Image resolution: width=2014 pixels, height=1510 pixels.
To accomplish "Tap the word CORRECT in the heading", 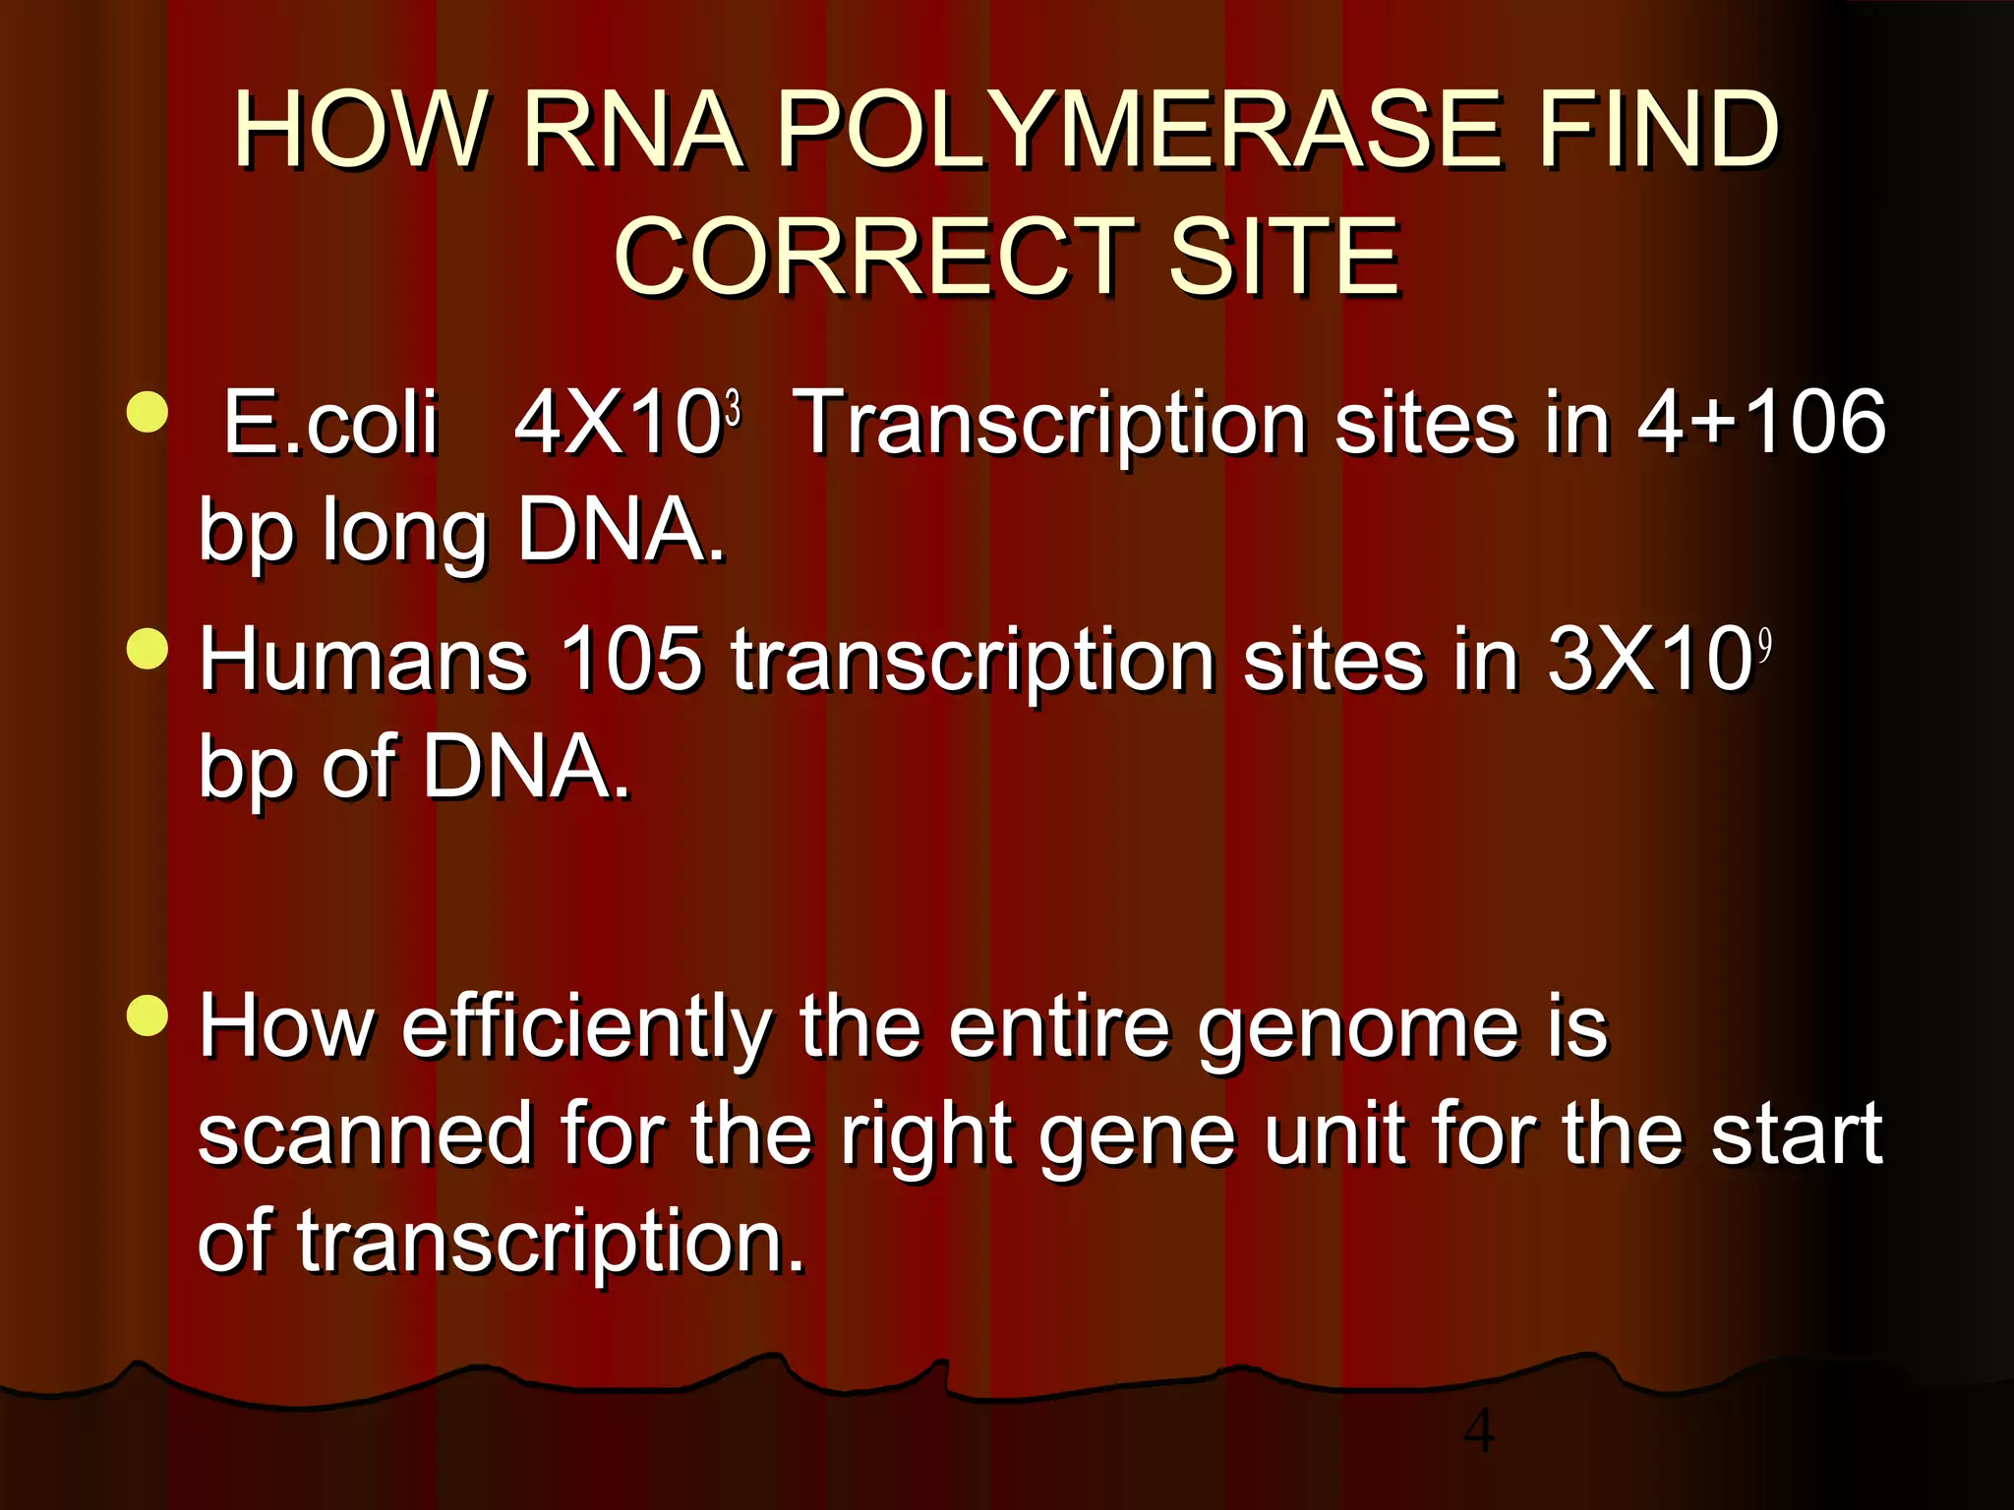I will [x=873, y=257].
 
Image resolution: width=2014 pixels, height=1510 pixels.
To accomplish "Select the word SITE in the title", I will [x=1283, y=257].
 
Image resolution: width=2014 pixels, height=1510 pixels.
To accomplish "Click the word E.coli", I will [x=329, y=422].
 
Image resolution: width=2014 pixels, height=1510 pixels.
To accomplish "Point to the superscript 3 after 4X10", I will [x=733, y=406].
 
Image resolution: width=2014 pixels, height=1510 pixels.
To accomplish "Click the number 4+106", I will [x=1761, y=422].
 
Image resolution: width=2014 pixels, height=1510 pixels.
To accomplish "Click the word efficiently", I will [x=586, y=1027].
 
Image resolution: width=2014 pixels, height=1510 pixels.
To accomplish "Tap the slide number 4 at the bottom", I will [x=1478, y=1430].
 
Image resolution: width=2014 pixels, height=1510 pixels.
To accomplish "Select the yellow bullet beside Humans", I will [x=148, y=648].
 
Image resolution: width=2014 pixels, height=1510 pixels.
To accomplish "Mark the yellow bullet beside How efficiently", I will [x=148, y=1016].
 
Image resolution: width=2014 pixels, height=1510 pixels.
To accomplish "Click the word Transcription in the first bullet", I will [x=1048, y=422].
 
